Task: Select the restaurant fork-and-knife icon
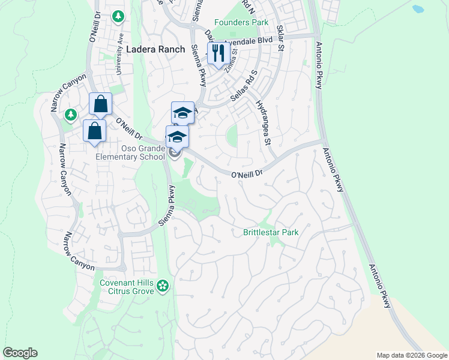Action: pyautogui.click(x=217, y=53)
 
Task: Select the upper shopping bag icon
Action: pyautogui.click(x=100, y=104)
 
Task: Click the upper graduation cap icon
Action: pyautogui.click(x=182, y=113)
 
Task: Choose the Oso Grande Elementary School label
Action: pyautogui.click(x=131, y=152)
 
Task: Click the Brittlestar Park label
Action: pyautogui.click(x=271, y=232)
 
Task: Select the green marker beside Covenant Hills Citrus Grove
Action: pyautogui.click(x=163, y=287)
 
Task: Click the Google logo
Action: pyautogui.click(x=20, y=353)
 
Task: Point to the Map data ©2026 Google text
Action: pyautogui.click(x=411, y=355)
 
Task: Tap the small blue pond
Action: pyautogui.click(x=418, y=10)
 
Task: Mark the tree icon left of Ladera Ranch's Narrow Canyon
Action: pyautogui.click(x=71, y=114)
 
